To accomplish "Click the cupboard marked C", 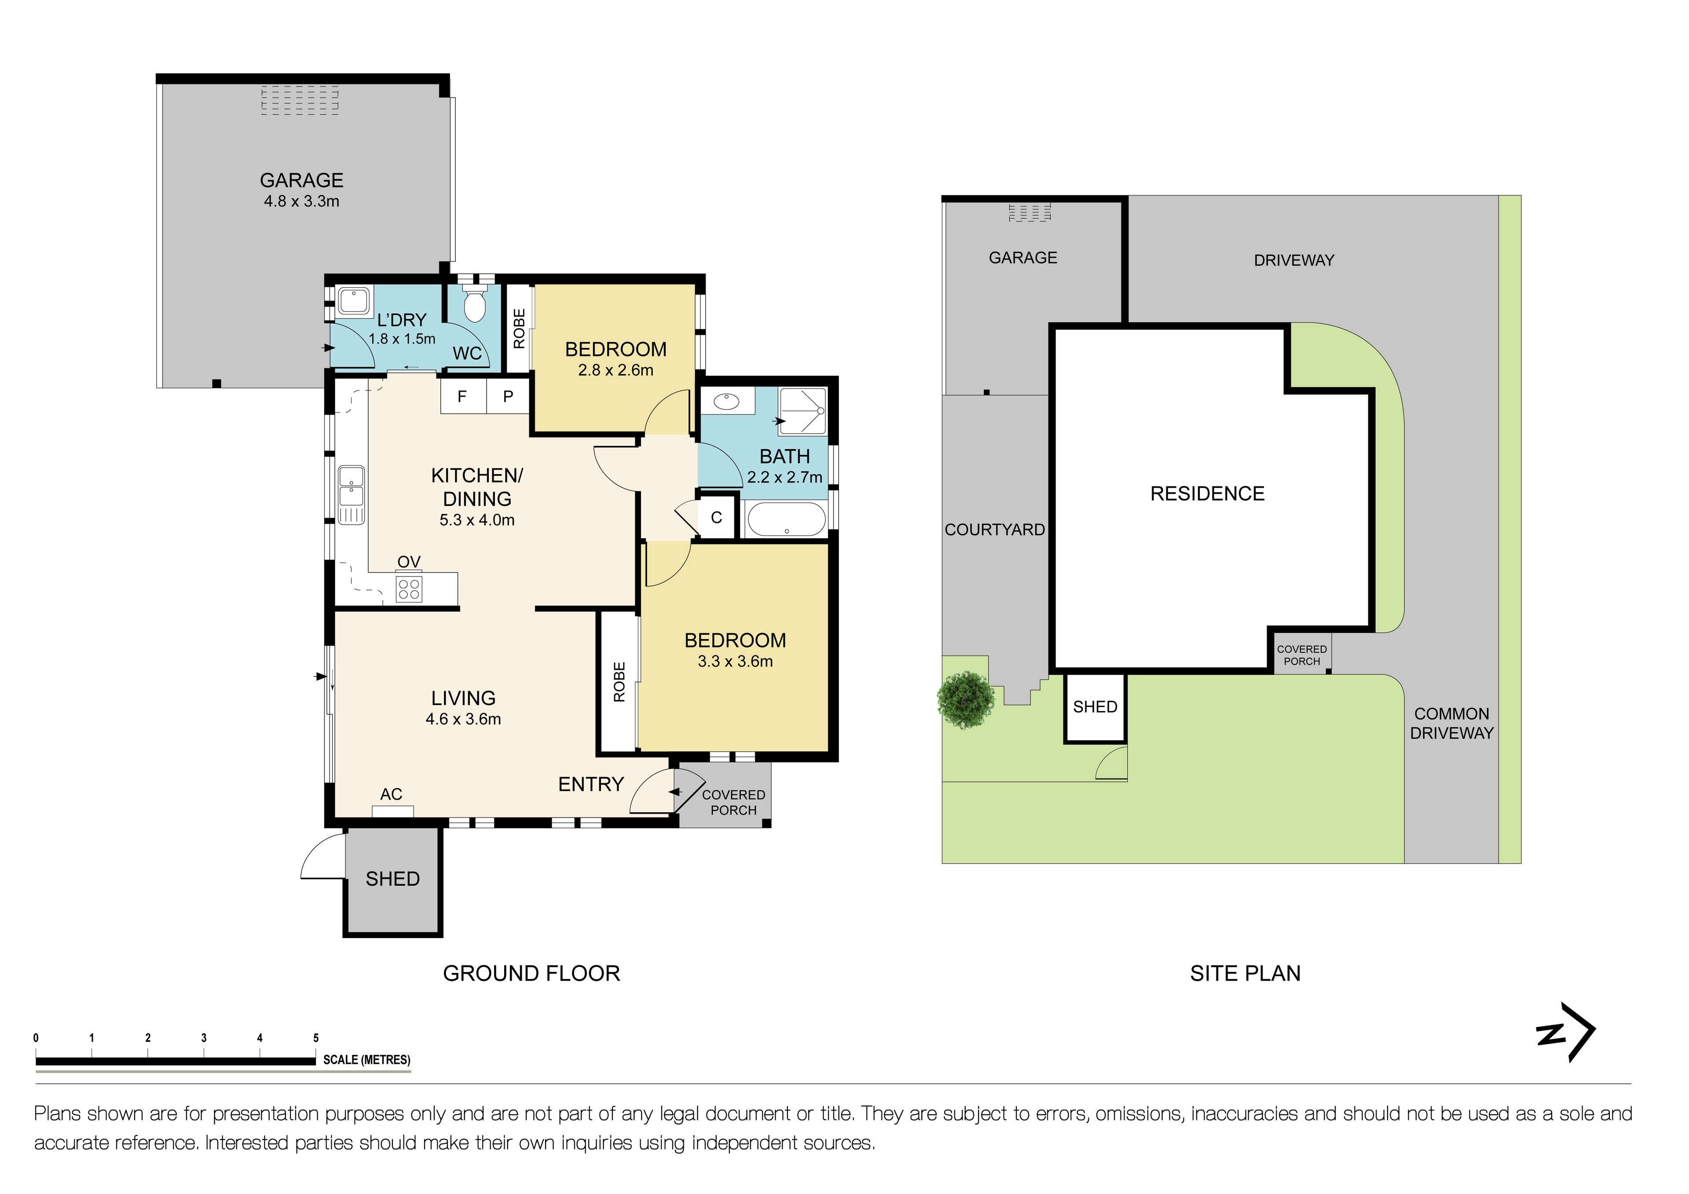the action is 717,518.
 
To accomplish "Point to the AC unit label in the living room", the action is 392,794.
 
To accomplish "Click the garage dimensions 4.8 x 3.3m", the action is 302,201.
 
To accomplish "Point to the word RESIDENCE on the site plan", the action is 1207,493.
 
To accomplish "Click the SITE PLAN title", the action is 1246,973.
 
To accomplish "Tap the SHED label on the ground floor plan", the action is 393,879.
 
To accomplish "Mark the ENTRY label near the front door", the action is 591,785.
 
